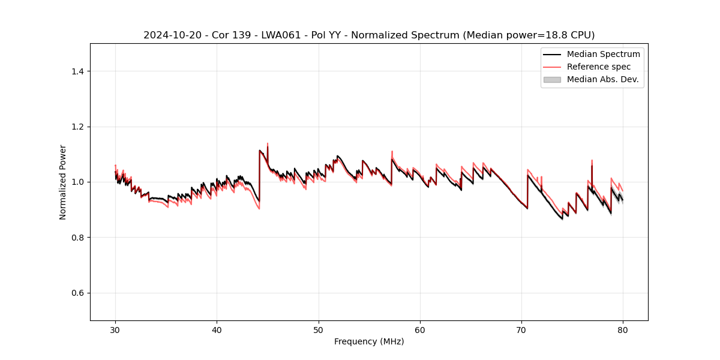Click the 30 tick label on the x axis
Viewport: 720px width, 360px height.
(115, 330)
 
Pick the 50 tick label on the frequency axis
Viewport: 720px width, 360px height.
(319, 330)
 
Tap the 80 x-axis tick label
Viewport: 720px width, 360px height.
(623, 330)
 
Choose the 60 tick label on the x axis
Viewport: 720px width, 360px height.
(420, 330)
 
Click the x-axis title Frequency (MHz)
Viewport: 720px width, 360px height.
(369, 341)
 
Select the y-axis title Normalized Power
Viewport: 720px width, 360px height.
(63, 182)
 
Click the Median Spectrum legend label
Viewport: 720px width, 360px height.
(603, 54)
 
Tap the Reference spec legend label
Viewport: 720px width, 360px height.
(599, 67)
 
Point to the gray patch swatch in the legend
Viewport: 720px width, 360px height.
(551, 79)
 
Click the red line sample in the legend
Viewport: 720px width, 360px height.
(551, 67)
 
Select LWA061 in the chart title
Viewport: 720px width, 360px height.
(282, 35)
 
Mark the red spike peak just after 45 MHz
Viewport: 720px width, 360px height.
(268, 143)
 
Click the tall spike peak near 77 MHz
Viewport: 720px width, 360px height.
(592, 160)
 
